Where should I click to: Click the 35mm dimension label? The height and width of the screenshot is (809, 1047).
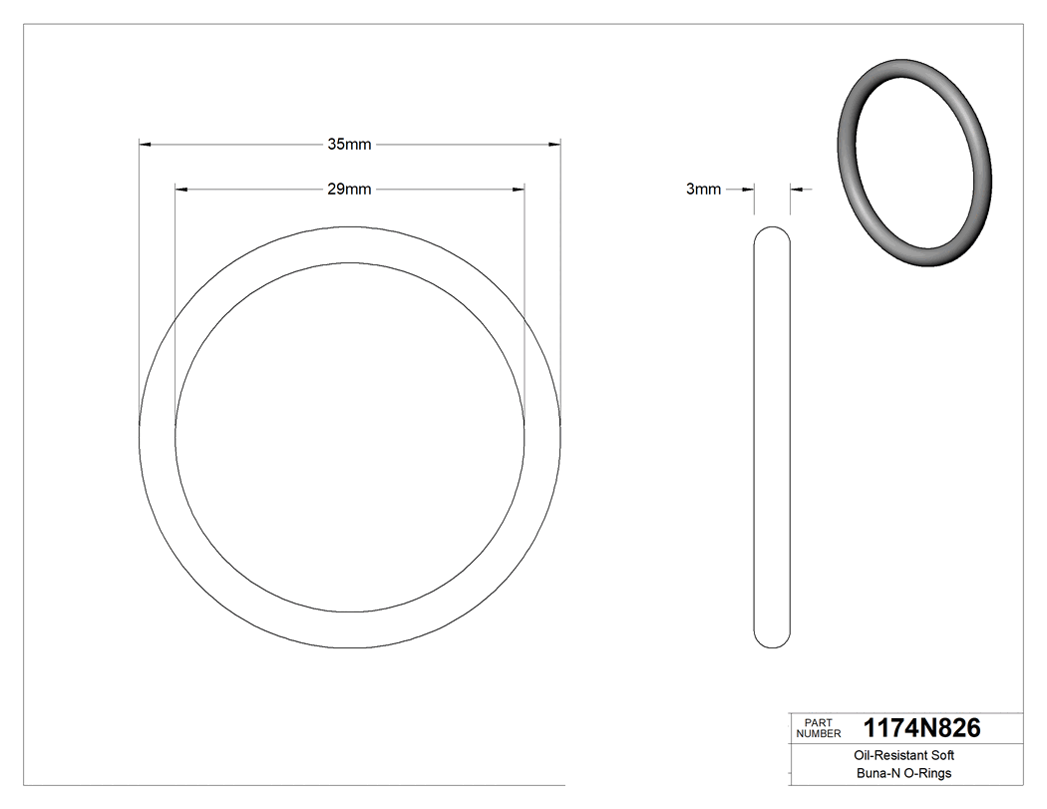pos(349,145)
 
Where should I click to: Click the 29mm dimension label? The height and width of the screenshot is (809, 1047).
pos(349,189)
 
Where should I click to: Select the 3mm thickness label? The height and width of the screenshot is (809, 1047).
pos(703,189)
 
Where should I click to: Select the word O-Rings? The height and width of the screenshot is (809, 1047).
pos(929,774)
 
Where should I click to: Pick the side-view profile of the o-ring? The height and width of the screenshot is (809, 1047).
pos(772,437)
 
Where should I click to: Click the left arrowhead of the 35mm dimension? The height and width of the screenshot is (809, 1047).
pos(144,145)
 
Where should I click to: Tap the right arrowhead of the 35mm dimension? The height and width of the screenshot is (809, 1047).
pos(554,145)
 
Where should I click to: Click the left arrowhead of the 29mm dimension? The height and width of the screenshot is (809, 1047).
pos(180,189)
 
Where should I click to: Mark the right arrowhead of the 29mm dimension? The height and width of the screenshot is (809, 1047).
pos(519,189)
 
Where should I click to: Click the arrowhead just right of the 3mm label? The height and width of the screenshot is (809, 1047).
pos(748,189)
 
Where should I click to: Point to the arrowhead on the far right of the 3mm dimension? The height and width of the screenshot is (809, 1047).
pos(797,189)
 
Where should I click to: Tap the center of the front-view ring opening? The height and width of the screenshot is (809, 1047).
pos(350,437)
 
